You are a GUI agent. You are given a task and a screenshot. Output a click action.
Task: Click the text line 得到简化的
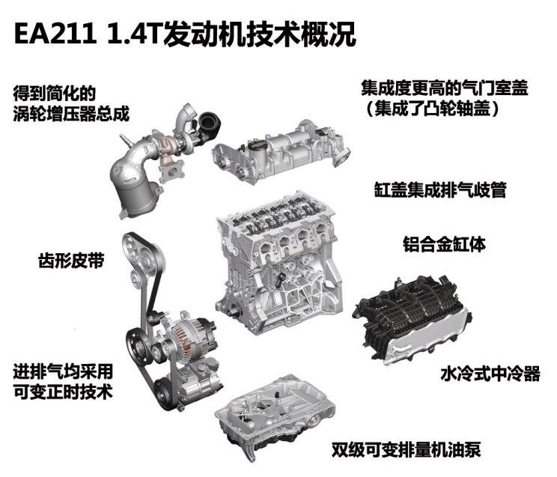pos(55,95)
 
